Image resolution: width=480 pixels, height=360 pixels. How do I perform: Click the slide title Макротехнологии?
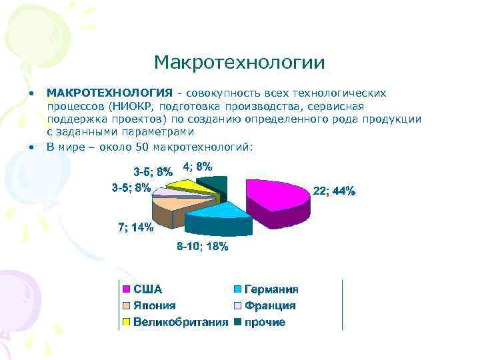click(239, 63)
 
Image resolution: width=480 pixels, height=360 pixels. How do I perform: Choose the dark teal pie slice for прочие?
click(217, 183)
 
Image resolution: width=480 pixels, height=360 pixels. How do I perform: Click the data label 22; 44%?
click(334, 191)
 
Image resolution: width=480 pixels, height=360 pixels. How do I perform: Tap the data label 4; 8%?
click(197, 167)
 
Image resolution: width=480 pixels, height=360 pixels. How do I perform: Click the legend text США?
click(147, 289)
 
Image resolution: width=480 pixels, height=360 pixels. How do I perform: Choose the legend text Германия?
click(271, 289)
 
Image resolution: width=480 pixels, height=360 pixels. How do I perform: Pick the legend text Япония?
click(155, 306)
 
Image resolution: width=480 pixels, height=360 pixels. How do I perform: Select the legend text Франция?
click(270, 306)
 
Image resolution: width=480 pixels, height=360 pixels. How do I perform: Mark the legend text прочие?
click(265, 323)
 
